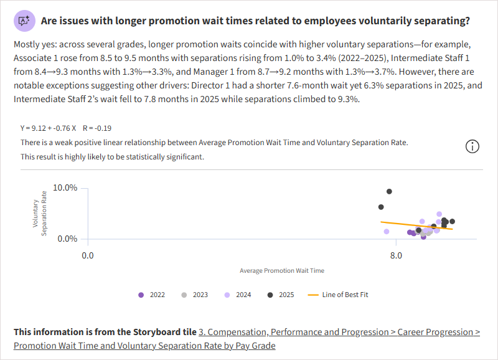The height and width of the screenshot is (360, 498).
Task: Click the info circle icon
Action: point(472,146)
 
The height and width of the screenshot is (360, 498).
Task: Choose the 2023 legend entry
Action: point(194,295)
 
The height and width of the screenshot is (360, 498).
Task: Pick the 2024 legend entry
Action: point(238,295)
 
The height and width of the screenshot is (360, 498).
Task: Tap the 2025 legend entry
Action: point(281,295)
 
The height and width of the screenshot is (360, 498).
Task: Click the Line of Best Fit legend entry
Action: point(339,295)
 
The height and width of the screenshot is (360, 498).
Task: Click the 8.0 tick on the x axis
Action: point(396,255)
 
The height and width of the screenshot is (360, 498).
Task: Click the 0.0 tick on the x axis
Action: point(87,255)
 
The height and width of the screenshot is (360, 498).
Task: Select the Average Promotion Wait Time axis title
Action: point(281,271)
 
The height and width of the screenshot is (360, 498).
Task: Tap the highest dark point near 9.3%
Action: point(389,191)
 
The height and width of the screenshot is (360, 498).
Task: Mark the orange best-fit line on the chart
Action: point(417,225)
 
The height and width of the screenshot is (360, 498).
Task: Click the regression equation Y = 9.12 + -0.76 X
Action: point(48,128)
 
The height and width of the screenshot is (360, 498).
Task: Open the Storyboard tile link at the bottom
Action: point(339,332)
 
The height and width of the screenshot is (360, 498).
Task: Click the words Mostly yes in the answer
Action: point(32,45)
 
